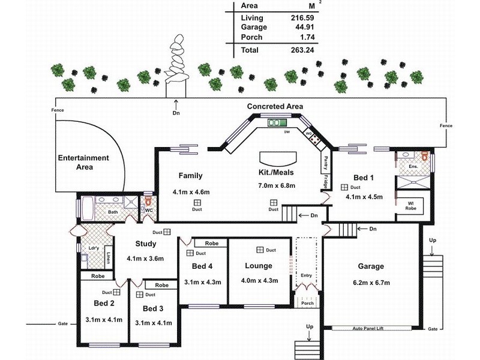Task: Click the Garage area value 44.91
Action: click(x=301, y=27)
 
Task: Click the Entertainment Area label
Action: click(x=83, y=162)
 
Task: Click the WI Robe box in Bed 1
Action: click(x=411, y=205)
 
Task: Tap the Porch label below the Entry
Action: click(x=307, y=303)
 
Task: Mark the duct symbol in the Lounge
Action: click(x=260, y=250)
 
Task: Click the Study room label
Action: click(x=145, y=244)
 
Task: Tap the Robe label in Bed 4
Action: click(x=211, y=244)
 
